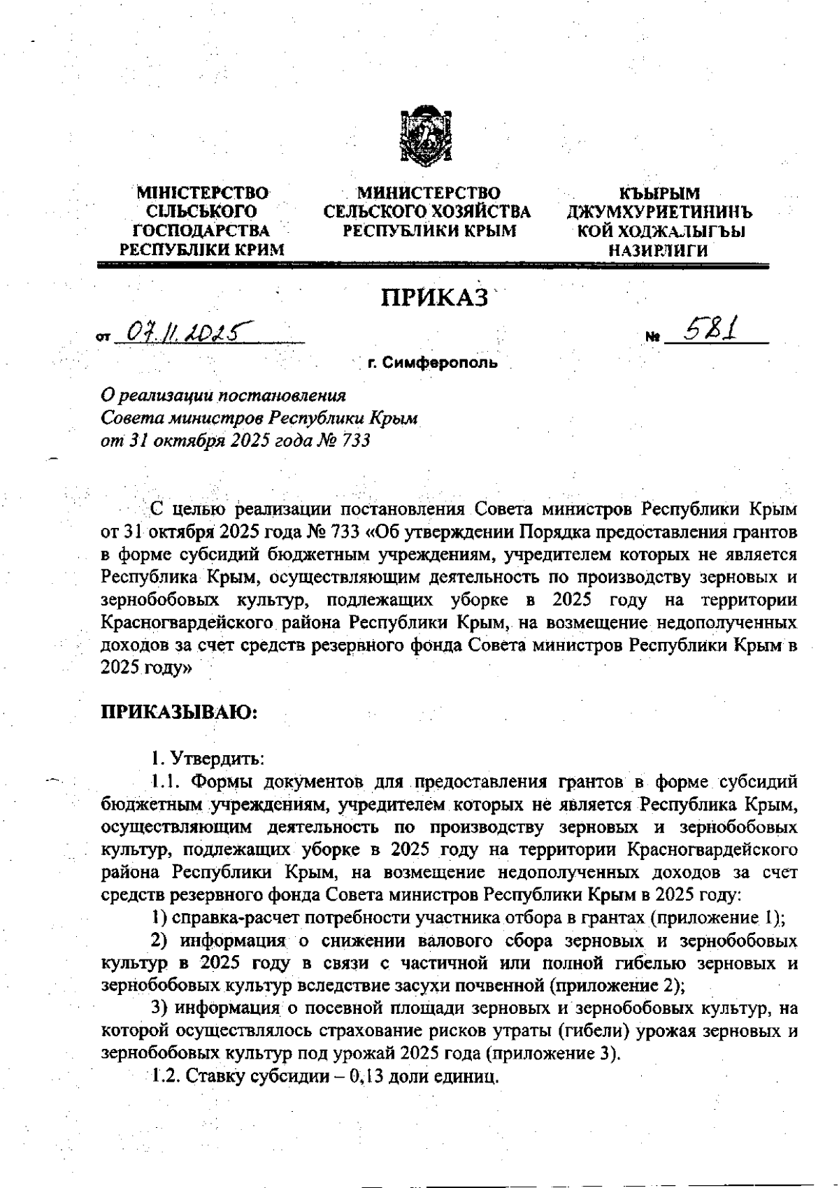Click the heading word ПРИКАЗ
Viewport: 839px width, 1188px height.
[x=434, y=299]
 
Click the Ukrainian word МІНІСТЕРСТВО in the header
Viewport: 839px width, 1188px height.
[x=203, y=192]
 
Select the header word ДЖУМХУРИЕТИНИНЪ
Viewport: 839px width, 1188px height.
[x=659, y=212]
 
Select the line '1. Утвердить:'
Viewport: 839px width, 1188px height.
[x=207, y=759]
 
